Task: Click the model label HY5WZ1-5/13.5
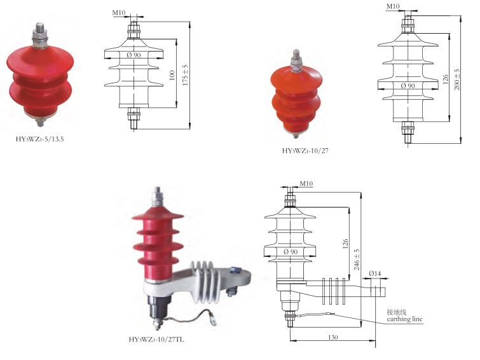40,139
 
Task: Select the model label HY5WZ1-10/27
305,151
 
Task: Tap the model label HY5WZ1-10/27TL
157,339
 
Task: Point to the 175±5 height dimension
185,75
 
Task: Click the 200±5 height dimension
456,80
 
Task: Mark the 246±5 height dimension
357,260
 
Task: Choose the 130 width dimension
333,337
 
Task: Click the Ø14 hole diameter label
375,273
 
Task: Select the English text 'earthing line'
404,319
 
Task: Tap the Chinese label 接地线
397,312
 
